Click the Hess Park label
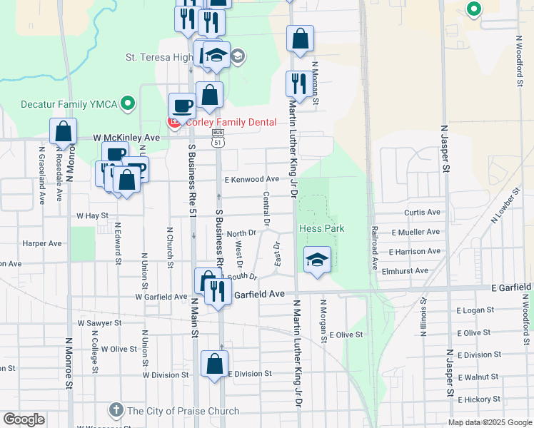pyautogui.click(x=321, y=228)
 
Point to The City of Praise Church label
pyautogui.click(x=183, y=410)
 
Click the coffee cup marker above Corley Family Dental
pyautogui.click(x=182, y=106)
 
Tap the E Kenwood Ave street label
pyautogui.click(x=251, y=179)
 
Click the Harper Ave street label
pyautogui.click(x=41, y=243)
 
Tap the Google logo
pyautogui.click(x=24, y=419)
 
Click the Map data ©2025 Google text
pyautogui.click(x=490, y=422)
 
